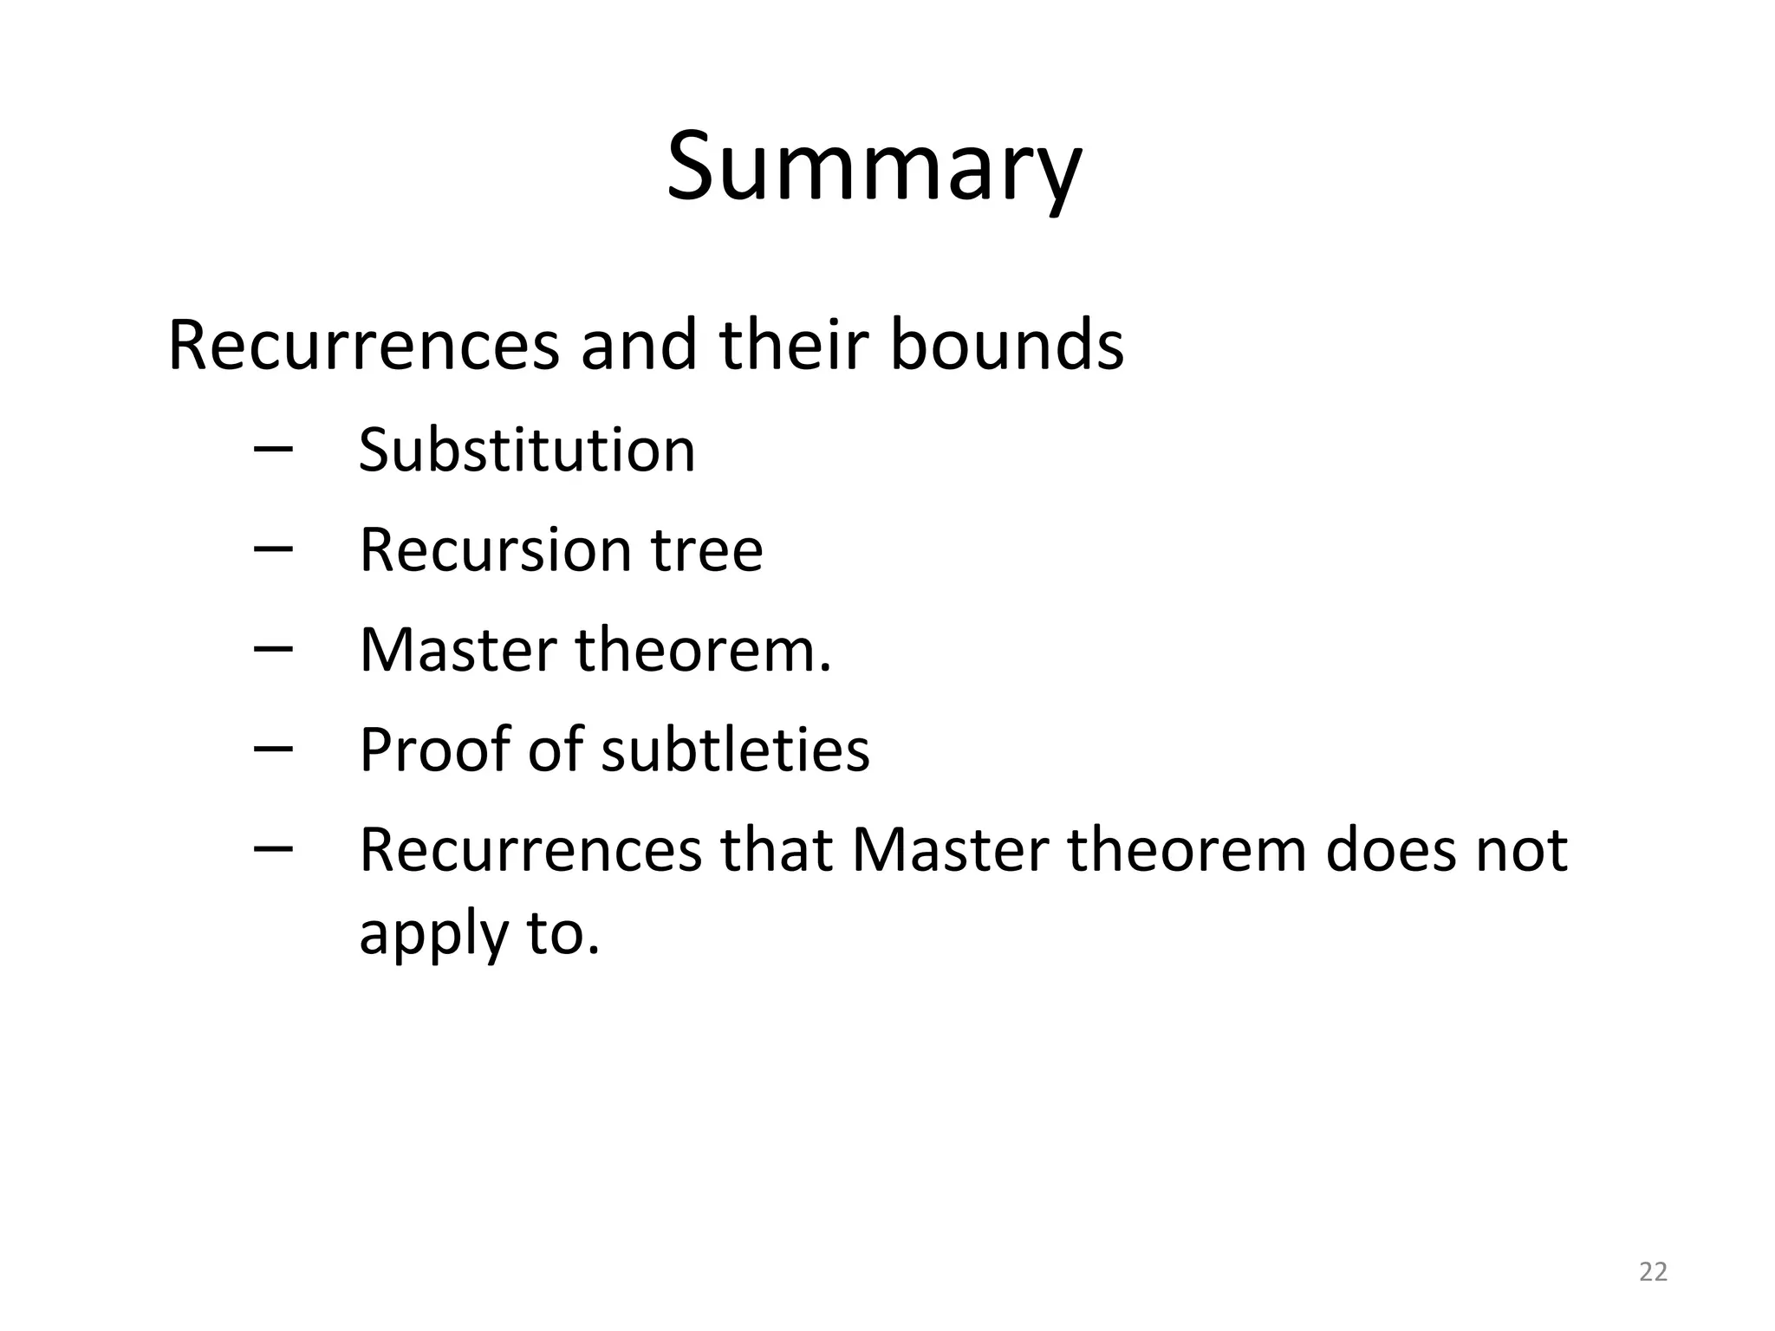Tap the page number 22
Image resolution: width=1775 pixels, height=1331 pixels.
(1654, 1272)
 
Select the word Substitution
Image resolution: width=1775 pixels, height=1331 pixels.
(527, 451)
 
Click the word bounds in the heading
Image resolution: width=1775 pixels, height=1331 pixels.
(1006, 346)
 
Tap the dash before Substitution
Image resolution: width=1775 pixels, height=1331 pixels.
(273, 449)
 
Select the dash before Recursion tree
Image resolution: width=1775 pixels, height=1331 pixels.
(273, 549)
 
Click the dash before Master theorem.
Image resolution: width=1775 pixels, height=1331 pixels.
(273, 648)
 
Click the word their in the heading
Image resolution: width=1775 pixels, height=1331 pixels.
(794, 346)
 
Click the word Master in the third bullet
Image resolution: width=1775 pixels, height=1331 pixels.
(458, 650)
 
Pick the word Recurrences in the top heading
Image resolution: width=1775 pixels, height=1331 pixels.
(364, 346)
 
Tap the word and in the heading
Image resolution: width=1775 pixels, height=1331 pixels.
(639, 346)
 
